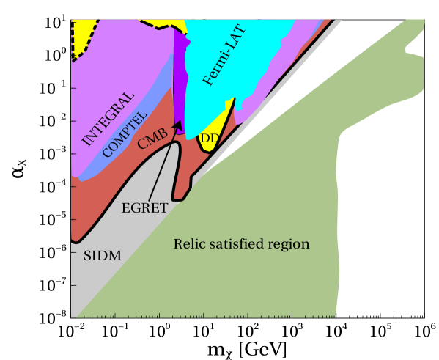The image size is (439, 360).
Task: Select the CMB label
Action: point(152,138)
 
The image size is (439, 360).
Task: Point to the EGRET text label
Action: point(144,207)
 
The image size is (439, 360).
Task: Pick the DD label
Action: point(210,138)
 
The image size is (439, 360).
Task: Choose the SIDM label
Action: point(102,256)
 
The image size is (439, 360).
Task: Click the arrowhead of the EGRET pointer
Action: point(177,126)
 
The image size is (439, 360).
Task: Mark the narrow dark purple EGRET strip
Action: point(177,81)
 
